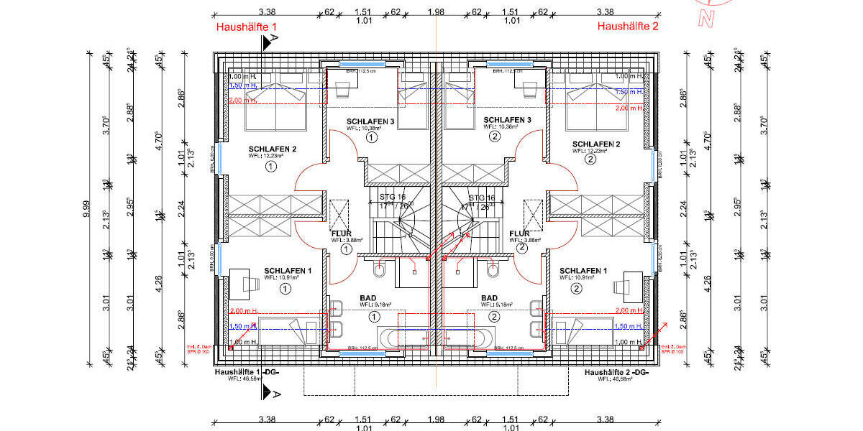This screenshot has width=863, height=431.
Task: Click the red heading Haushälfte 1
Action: pyautogui.click(x=247, y=27)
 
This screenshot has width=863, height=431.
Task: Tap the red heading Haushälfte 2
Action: pyautogui.click(x=628, y=27)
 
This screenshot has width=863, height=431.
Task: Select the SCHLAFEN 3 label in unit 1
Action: pyautogui.click(x=370, y=121)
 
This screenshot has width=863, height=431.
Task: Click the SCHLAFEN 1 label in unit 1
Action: pyautogui.click(x=288, y=270)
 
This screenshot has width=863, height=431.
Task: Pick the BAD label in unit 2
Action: pyautogui.click(x=489, y=297)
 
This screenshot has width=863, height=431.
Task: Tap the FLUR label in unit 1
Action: pyautogui.click(x=340, y=234)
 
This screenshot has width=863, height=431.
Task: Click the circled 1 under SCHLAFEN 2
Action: pyautogui.click(x=270, y=167)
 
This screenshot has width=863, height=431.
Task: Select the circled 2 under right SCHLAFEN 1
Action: pyautogui.click(x=576, y=289)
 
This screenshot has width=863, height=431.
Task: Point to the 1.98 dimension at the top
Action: pyautogui.click(x=436, y=12)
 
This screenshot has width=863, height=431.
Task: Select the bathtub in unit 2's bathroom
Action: pyautogui.click(x=467, y=337)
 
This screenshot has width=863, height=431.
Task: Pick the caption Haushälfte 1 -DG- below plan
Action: pyautogui.click(x=247, y=373)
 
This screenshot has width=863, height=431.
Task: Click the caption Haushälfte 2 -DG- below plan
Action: pyautogui.click(x=617, y=373)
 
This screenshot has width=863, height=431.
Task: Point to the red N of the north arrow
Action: pyautogui.click(x=711, y=20)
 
